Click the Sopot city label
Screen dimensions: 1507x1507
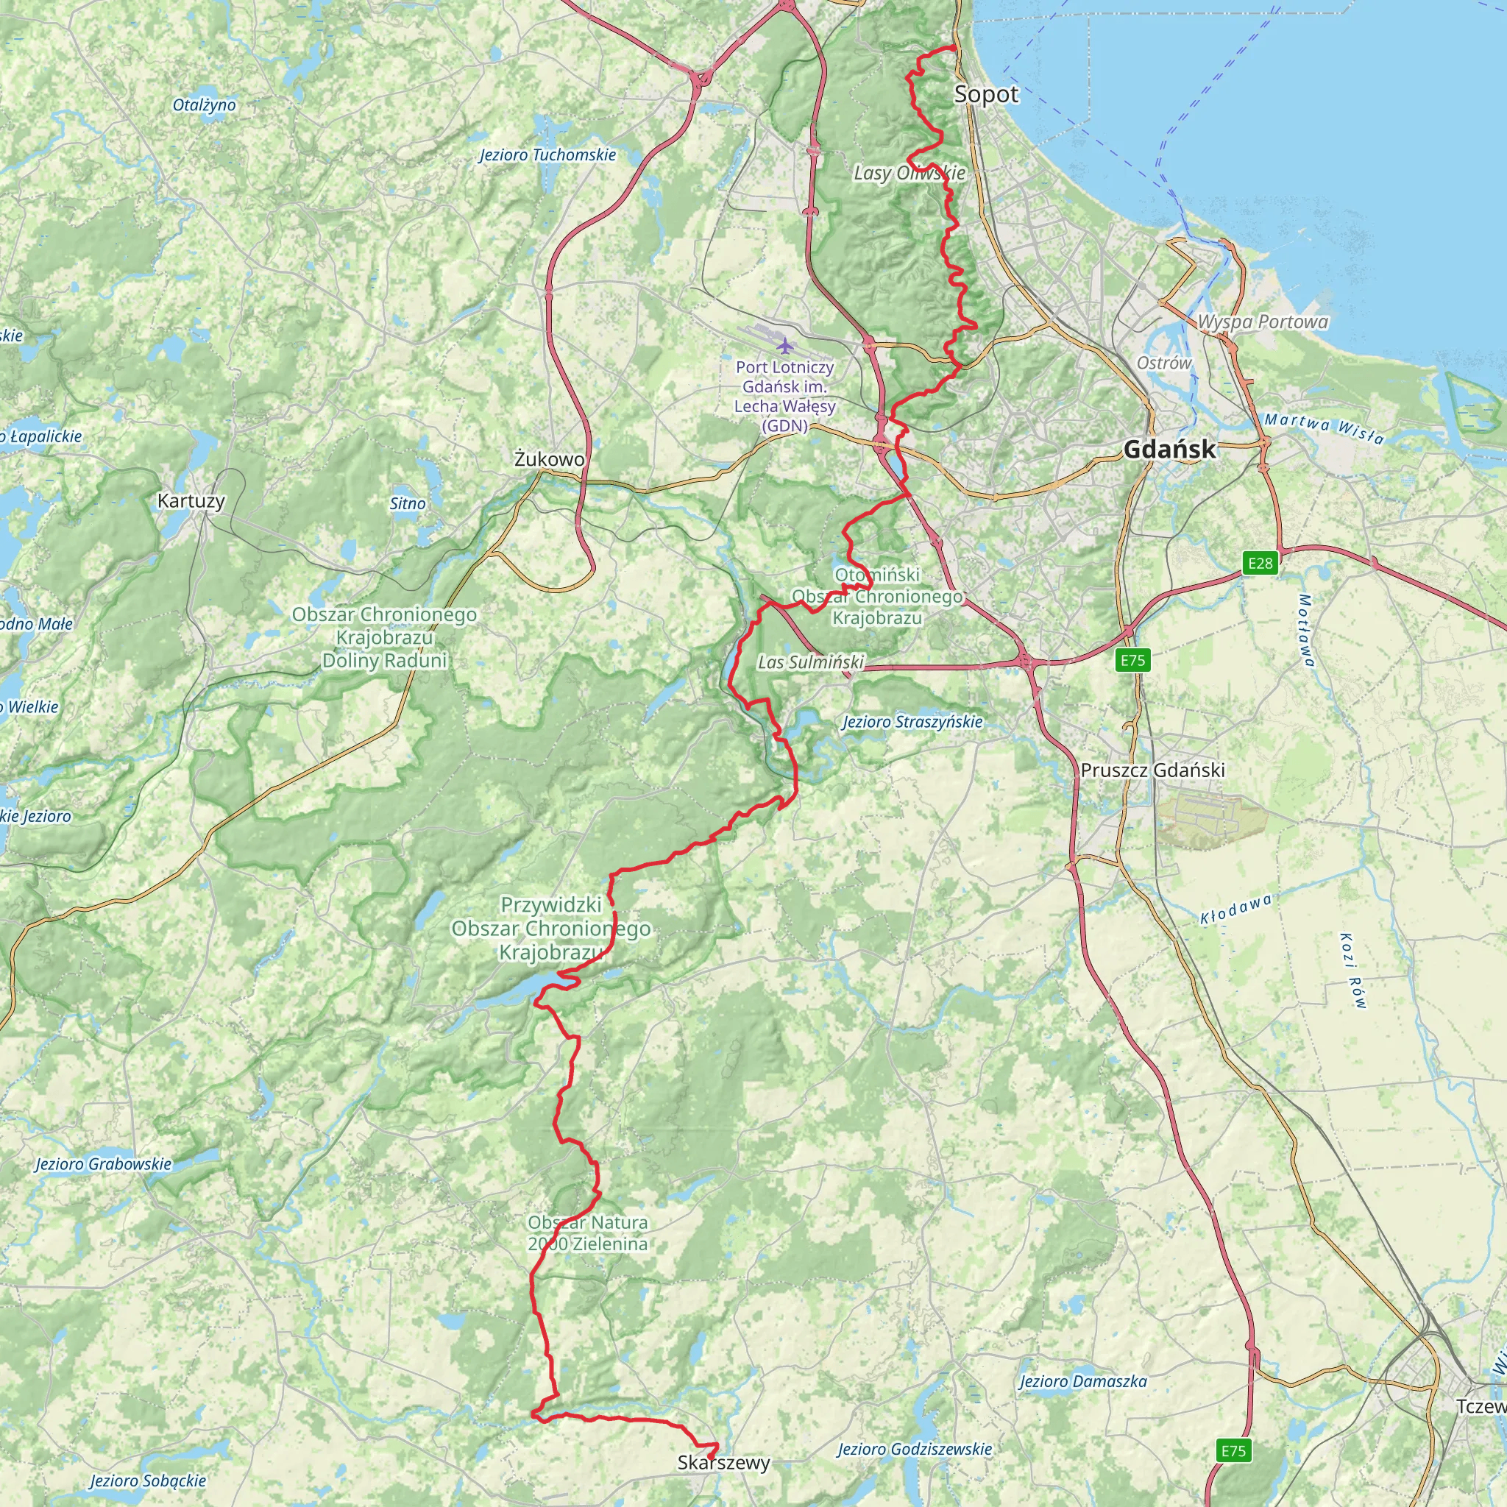click(986, 95)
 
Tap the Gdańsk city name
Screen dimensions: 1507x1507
click(1169, 450)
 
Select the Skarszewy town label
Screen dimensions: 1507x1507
click(723, 1463)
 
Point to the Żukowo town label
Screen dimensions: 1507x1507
click(549, 459)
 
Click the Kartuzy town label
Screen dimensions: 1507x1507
click(191, 501)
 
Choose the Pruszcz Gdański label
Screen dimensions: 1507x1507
click(1152, 770)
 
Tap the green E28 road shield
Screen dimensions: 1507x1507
click(1260, 563)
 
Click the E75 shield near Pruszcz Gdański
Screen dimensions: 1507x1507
click(1132, 661)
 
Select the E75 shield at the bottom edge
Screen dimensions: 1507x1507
click(1233, 1450)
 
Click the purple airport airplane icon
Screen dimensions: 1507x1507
click(784, 345)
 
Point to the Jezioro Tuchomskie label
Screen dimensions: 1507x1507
click(547, 155)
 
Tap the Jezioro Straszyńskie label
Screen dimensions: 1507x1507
click(912, 723)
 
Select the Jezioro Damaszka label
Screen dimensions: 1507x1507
click(1082, 1381)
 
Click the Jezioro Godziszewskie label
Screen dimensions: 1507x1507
click(914, 1450)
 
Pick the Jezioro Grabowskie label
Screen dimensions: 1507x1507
click(103, 1165)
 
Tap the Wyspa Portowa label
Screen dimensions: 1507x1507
click(1262, 322)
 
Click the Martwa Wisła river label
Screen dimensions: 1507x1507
click(1324, 428)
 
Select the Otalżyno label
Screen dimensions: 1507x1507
click(205, 105)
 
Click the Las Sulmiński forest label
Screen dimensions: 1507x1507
click(810, 663)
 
